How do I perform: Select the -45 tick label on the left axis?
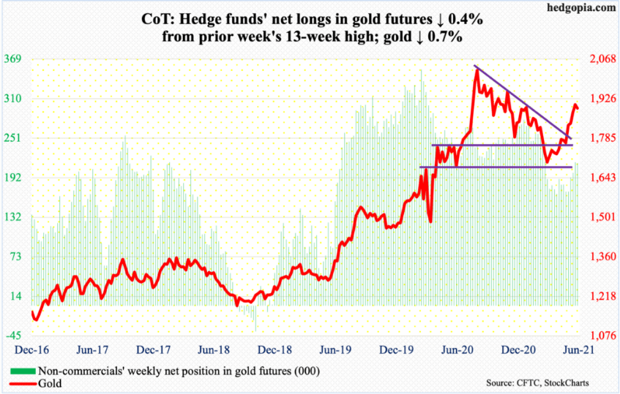[x=15, y=336]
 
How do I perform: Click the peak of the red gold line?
[x=476, y=69]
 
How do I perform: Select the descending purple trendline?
[x=523, y=102]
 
